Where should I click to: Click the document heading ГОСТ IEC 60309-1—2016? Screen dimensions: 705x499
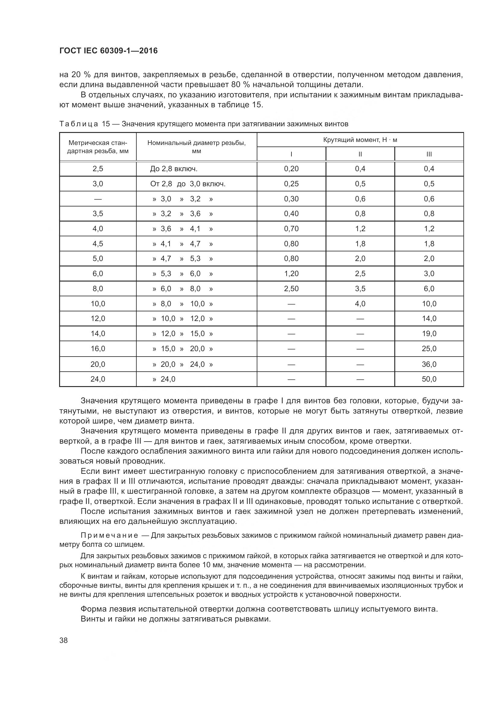click(x=108, y=51)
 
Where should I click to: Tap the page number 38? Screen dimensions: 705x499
click(x=64, y=640)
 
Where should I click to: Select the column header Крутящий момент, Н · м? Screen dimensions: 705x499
click(x=360, y=140)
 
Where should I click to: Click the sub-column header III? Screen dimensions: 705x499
click(x=429, y=154)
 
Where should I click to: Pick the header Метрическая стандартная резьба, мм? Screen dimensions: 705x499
click(x=98, y=147)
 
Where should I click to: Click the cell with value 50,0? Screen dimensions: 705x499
click(x=429, y=379)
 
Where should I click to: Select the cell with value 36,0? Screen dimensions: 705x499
click(x=429, y=364)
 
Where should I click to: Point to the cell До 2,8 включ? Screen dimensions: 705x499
click(x=173, y=169)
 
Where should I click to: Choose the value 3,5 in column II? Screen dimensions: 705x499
click(x=360, y=289)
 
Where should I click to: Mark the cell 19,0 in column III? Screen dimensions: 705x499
click(x=429, y=334)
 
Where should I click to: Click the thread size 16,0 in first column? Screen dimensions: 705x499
click(x=98, y=349)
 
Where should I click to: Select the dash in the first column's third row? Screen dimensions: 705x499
click(x=98, y=199)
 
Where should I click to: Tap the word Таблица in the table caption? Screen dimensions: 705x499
click(x=79, y=124)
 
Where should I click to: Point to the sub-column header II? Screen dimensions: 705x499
click(x=360, y=154)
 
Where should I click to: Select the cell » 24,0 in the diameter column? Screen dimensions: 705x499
click(x=164, y=379)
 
